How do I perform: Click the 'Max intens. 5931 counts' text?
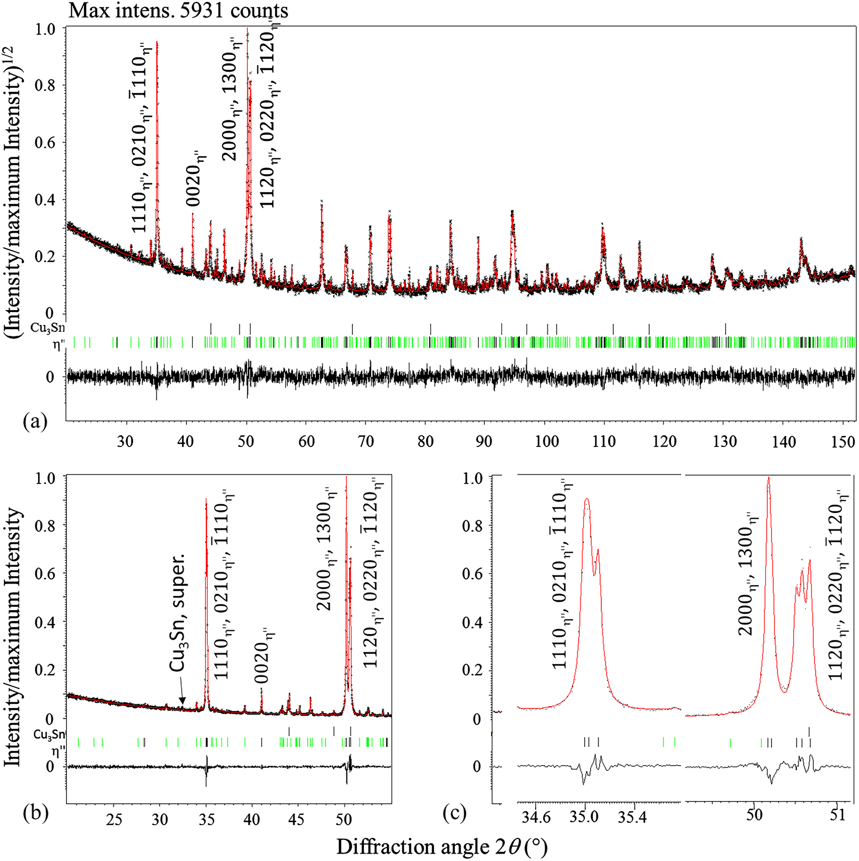point(178,9)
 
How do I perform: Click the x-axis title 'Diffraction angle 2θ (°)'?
point(442,847)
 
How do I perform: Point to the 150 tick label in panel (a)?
point(844,441)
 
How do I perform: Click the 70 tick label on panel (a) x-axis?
point(366,441)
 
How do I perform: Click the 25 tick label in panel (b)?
point(114,820)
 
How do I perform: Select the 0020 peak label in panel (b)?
point(264,656)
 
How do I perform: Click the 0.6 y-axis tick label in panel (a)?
point(46,142)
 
